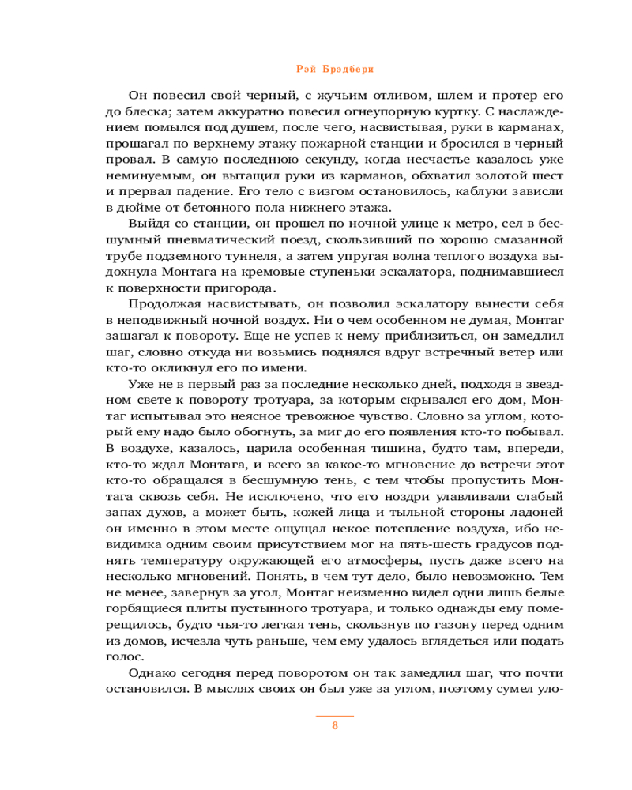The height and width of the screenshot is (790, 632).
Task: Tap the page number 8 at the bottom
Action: tap(335, 727)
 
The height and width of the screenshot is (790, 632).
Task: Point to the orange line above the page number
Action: tap(335, 715)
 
